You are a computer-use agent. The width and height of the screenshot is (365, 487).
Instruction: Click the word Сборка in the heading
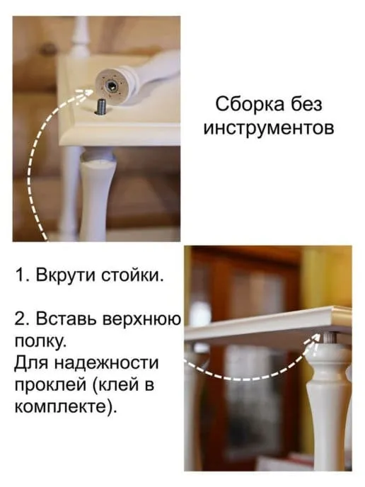click(x=250, y=104)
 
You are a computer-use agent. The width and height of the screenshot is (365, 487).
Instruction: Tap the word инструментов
click(x=269, y=127)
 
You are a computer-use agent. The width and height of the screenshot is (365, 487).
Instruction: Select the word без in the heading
click(x=306, y=104)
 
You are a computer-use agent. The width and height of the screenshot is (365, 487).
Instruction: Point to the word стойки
click(x=133, y=275)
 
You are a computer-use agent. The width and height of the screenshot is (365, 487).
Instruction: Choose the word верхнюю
click(x=141, y=319)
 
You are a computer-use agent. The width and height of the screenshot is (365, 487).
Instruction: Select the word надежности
click(x=106, y=363)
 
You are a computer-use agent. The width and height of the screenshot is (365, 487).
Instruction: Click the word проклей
click(x=51, y=386)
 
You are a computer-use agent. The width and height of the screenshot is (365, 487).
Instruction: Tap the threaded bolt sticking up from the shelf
click(x=101, y=106)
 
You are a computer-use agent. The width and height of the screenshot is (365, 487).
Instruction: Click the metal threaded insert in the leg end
click(x=112, y=86)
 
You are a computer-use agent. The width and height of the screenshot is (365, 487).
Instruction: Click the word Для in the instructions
click(x=32, y=364)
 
